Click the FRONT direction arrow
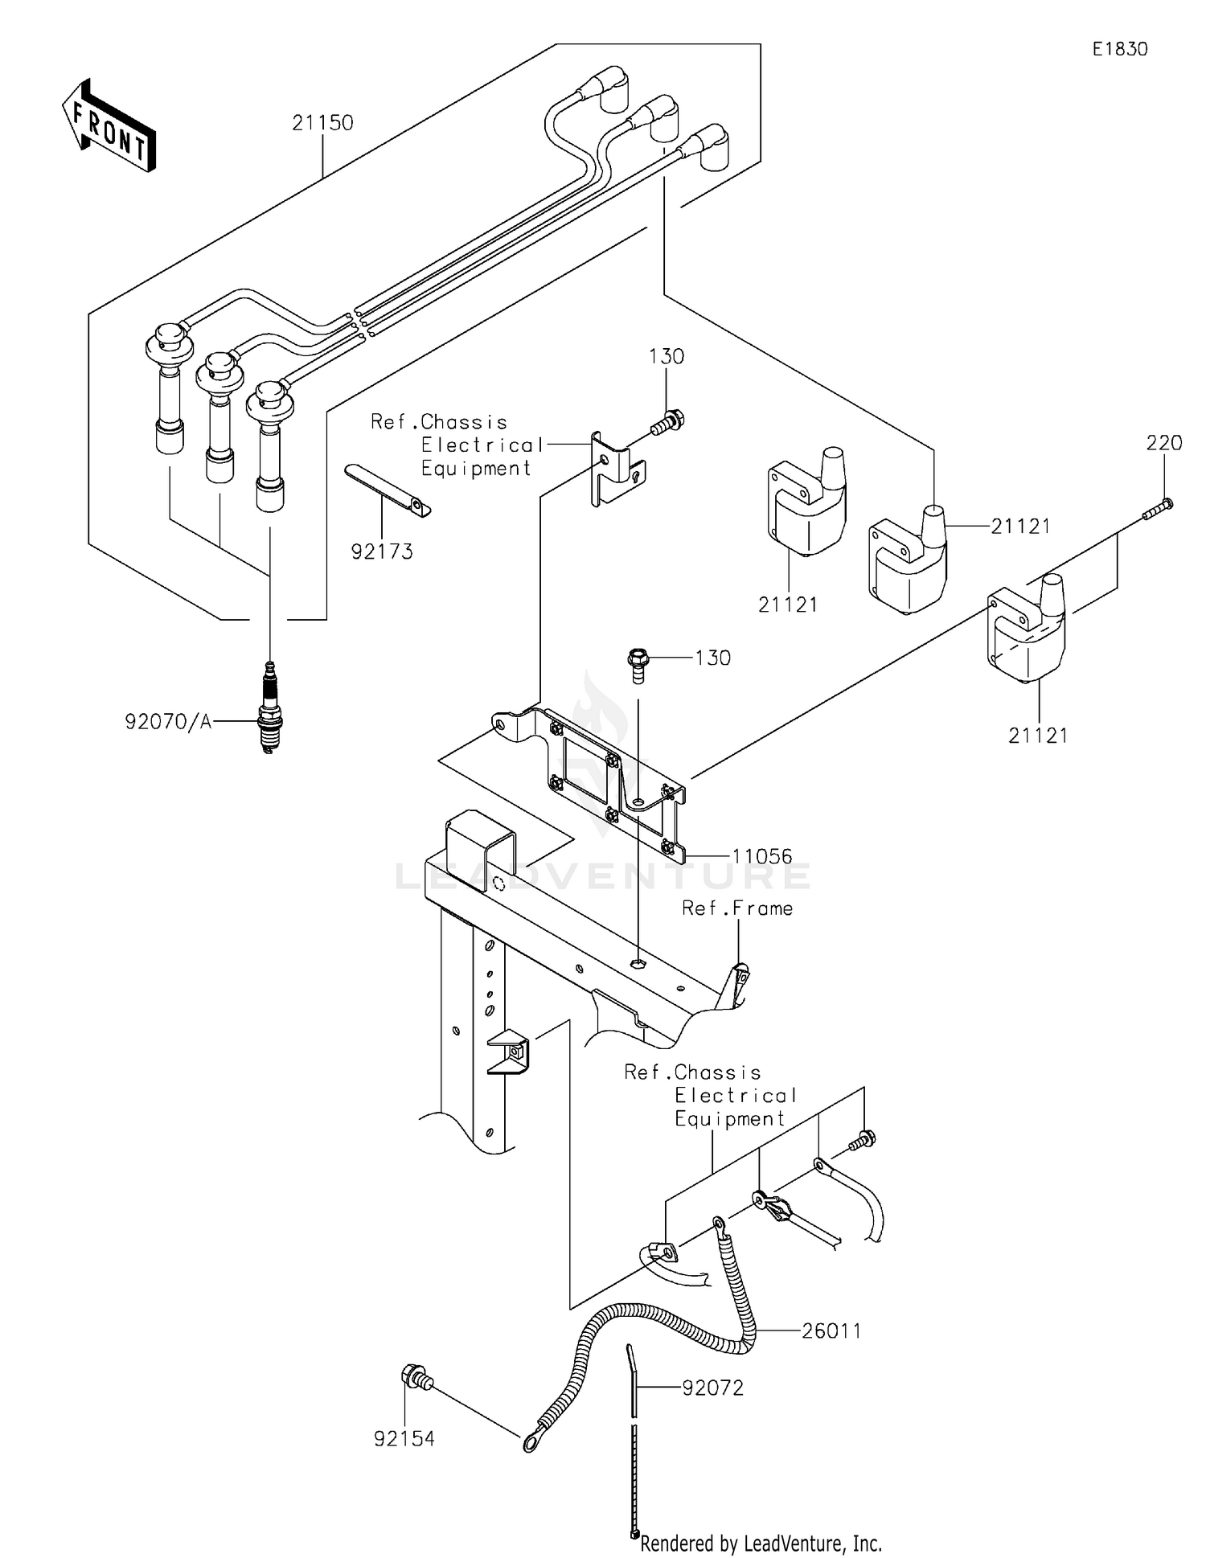point(109,126)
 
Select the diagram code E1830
point(1119,49)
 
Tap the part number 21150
point(322,123)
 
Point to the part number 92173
point(382,551)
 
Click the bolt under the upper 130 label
point(667,421)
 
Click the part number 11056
point(761,856)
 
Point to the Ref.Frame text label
point(737,908)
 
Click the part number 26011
point(831,1331)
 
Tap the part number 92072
point(712,1388)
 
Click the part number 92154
point(404,1439)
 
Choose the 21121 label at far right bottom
point(1038,736)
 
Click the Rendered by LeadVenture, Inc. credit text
point(761,1544)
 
